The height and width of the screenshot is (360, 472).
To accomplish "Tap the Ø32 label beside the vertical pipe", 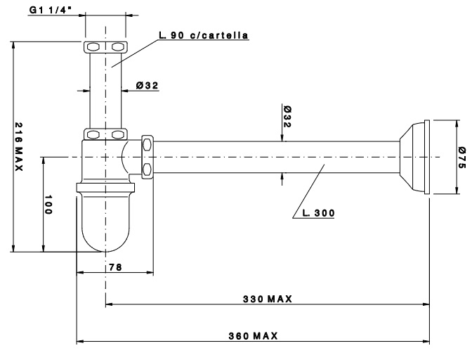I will (147, 86).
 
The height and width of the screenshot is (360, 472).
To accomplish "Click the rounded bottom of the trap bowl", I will (105, 239).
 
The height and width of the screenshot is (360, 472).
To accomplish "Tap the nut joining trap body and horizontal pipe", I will (147, 156).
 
